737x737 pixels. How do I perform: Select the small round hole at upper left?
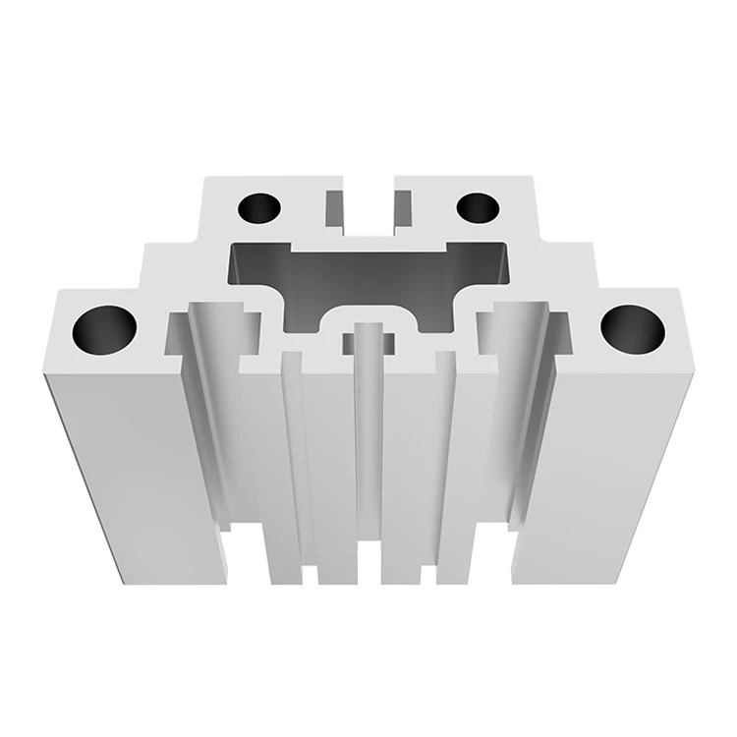pyautogui.click(x=259, y=207)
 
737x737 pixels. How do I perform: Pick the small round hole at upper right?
pyautogui.click(x=479, y=207)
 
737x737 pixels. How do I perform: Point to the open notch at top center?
pyautogui.click(x=368, y=201)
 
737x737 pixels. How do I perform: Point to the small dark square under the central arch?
pyautogui.click(x=368, y=343)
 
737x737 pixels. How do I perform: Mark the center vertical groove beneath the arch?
pyautogui.click(x=368, y=462)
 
